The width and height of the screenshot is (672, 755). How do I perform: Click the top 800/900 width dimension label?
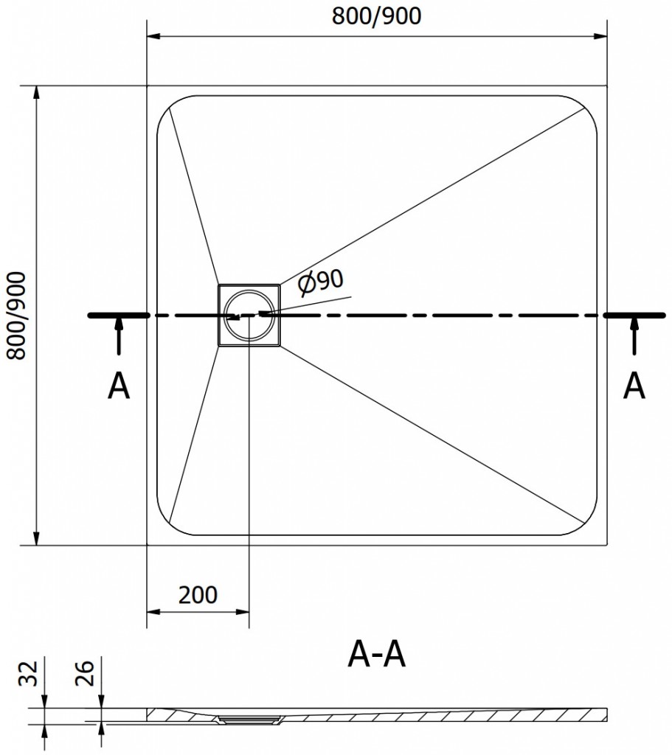pos(376,16)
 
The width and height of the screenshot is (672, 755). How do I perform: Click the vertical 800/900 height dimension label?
pos(16,316)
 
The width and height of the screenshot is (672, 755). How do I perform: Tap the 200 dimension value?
pos(198,594)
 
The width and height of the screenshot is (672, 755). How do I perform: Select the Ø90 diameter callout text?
pos(322,282)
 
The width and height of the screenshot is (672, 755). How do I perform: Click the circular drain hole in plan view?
pos(249,315)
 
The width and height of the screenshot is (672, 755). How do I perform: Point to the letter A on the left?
pos(119,386)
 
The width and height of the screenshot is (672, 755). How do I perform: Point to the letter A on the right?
pos(634,386)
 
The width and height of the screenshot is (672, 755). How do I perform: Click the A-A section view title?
pos(376,654)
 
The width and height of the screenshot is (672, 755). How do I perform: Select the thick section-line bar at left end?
pos(119,316)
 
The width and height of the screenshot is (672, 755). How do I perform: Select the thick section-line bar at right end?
pos(634,316)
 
